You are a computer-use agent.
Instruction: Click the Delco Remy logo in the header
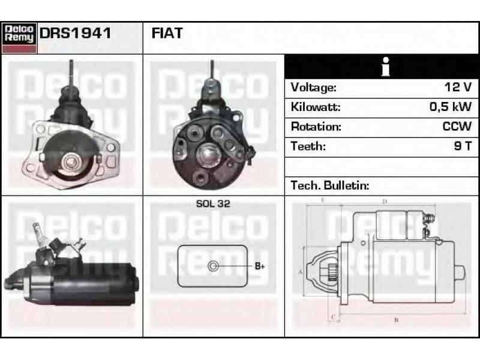[19, 38]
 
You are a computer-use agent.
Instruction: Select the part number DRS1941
[76, 33]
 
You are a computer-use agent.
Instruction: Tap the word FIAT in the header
[167, 33]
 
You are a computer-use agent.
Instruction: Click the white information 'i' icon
[386, 67]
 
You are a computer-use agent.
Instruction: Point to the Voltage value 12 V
[458, 87]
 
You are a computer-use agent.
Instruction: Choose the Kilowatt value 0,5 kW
[451, 107]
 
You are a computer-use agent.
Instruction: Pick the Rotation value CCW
[457, 126]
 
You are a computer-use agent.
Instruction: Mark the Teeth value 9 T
[463, 146]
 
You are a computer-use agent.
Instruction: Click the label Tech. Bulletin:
[330, 185]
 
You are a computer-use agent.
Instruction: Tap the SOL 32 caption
[213, 203]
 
